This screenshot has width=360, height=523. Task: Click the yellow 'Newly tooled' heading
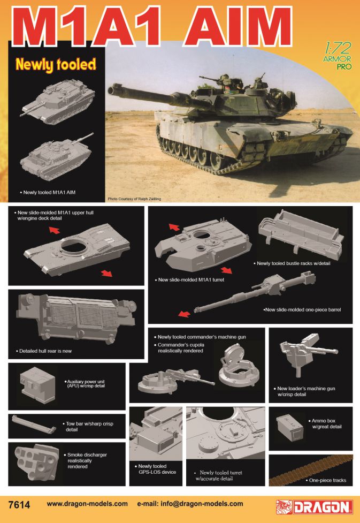click(56, 65)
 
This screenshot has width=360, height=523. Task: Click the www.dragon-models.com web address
click(87, 504)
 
